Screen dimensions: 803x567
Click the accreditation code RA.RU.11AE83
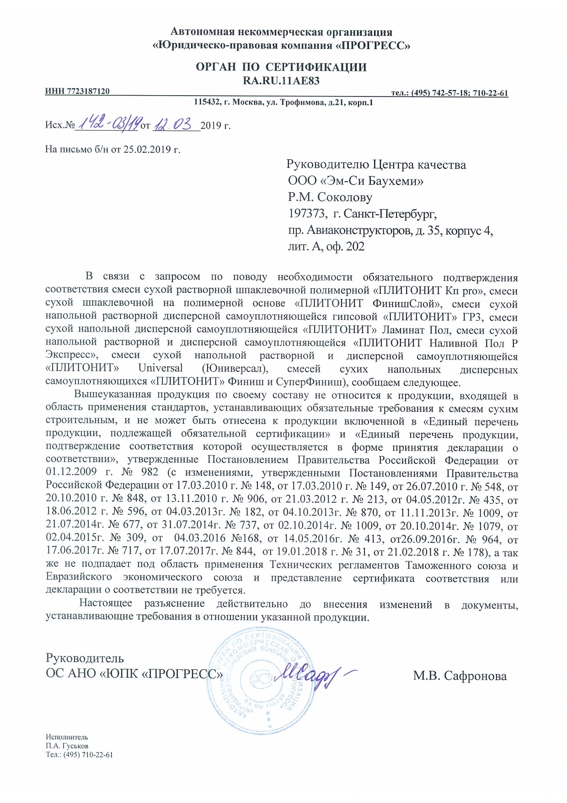click(281, 81)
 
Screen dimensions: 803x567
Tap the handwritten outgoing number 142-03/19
click(108, 123)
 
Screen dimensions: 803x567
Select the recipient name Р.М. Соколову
click(330, 197)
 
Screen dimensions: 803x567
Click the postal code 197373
click(307, 214)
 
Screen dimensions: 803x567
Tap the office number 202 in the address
click(355, 247)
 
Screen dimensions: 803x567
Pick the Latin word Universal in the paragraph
click(160, 369)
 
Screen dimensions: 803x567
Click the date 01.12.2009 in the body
click(71, 472)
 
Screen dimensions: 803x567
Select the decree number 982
click(150, 472)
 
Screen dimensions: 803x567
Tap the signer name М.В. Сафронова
click(460, 676)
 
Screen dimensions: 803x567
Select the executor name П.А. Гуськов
click(67, 746)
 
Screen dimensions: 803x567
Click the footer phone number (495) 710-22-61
click(88, 754)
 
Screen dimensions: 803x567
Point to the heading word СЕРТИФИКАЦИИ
click(316, 67)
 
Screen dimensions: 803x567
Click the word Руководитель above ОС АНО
click(85, 658)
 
